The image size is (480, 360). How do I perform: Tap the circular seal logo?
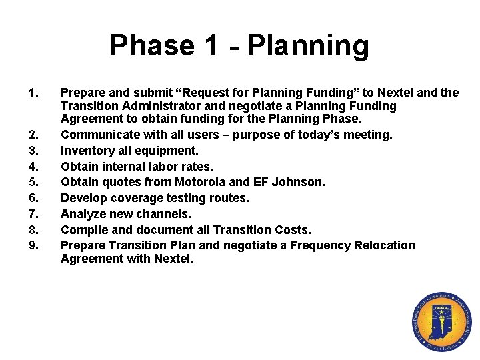[x=441, y=323]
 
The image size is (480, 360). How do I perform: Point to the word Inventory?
[x=87, y=151]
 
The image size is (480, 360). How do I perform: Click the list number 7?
[x=33, y=214]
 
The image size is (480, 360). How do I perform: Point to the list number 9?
[x=33, y=245]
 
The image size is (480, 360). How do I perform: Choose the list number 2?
[x=33, y=135]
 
